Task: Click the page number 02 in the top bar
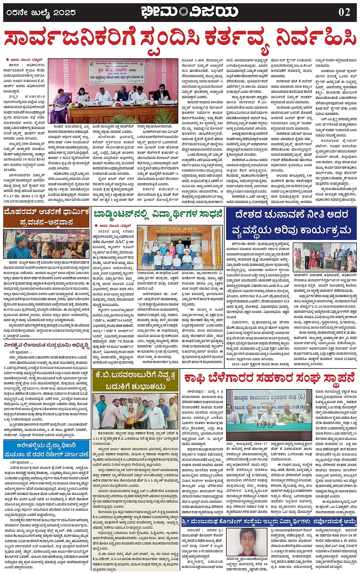[344, 12]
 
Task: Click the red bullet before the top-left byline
[7, 60]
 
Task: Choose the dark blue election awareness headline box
[291, 223]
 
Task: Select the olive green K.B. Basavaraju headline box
[135, 380]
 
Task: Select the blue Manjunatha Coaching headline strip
[268, 521]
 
